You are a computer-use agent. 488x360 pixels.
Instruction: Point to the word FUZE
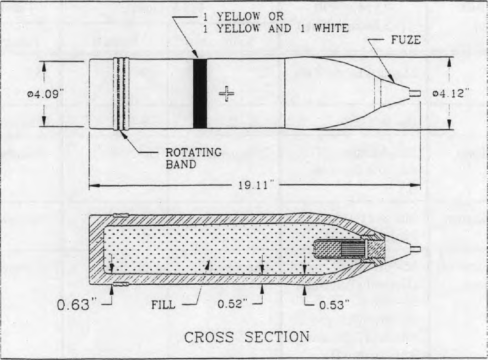pyautogui.click(x=406, y=40)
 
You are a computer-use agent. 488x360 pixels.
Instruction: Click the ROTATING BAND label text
pyautogui.click(x=194, y=158)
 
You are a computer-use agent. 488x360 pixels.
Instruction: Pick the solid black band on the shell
pyautogui.click(x=200, y=93)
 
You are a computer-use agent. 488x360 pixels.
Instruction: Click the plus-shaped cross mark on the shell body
pyautogui.click(x=226, y=94)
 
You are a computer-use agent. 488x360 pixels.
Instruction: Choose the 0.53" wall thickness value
pyautogui.click(x=334, y=305)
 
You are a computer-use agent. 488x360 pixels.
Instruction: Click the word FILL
pyautogui.click(x=163, y=305)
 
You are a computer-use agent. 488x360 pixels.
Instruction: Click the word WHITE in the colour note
pyautogui.click(x=331, y=28)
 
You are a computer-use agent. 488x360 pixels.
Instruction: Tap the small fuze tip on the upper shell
pyautogui.click(x=415, y=93)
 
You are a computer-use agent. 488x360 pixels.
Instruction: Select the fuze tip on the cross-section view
pyautogui.click(x=415, y=249)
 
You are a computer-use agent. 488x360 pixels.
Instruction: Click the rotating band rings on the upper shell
pyautogui.click(x=121, y=93)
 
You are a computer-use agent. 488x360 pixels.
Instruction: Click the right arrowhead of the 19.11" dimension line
pyautogui.click(x=415, y=185)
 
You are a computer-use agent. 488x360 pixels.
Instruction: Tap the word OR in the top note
pyautogui.click(x=276, y=16)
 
